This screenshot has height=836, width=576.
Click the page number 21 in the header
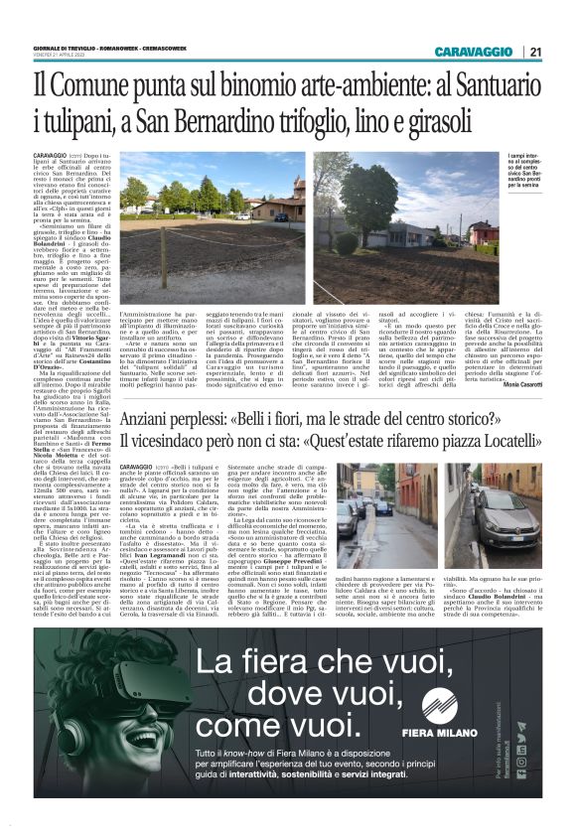coord(534,52)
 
